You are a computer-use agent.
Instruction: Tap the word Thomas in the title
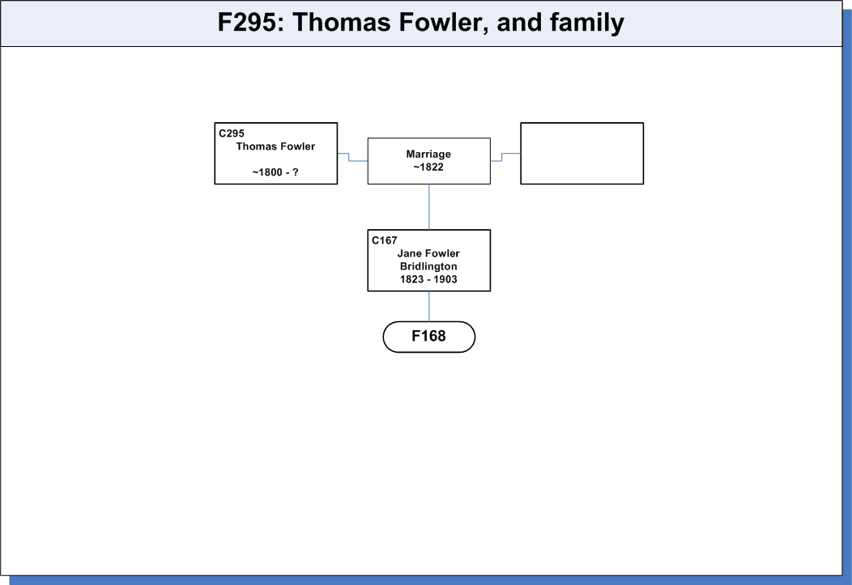click(342, 23)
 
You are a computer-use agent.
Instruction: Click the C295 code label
click(232, 134)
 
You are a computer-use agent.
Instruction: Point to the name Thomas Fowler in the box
click(275, 146)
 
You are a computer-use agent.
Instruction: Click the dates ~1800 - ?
click(275, 172)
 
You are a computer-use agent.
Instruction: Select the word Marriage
click(428, 155)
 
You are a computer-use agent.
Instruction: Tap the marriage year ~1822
click(428, 167)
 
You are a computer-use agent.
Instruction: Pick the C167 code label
click(385, 240)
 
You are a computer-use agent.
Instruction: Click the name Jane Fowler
click(428, 253)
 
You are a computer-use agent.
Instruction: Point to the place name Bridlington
click(428, 266)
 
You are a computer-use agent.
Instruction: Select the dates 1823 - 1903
click(428, 279)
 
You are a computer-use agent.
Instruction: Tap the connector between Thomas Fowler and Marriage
click(349, 157)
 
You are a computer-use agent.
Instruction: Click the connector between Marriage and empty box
click(502, 157)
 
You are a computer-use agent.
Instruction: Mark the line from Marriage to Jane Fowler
click(429, 207)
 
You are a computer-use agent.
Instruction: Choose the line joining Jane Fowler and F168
click(429, 307)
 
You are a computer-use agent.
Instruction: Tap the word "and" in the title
click(519, 23)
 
